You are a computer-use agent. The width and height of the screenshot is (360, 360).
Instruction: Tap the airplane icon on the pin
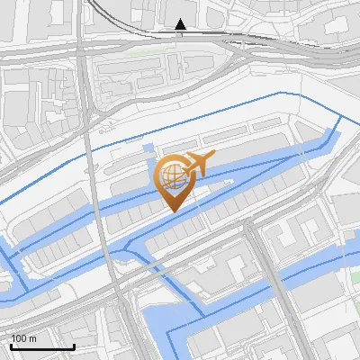pos(199,163)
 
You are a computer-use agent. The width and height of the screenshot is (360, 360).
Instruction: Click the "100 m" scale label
pos(23,338)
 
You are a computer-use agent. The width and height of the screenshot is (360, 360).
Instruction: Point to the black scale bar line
pos(42,346)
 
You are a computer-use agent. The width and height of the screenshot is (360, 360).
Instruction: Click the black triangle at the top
pos(181,24)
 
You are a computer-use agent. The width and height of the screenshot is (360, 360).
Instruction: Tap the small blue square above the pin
pos(148,147)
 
